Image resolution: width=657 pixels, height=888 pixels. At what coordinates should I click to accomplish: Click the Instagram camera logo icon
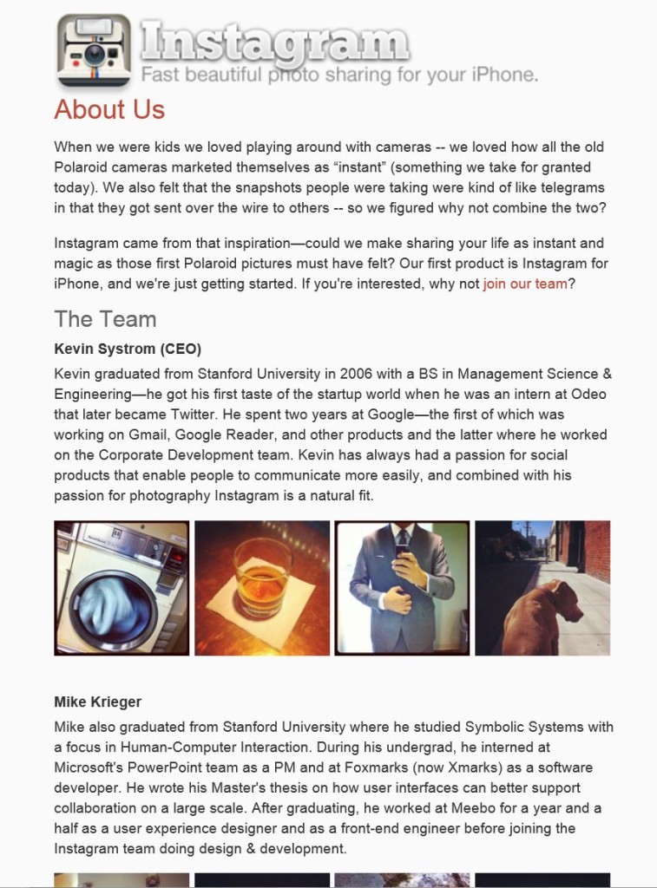tap(95, 50)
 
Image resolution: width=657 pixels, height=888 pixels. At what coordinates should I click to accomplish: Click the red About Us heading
tap(109, 110)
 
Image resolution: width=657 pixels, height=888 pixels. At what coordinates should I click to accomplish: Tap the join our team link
tap(524, 284)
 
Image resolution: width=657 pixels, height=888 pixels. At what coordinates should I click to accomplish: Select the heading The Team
tap(105, 319)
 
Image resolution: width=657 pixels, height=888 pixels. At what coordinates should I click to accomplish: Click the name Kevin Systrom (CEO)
tap(128, 349)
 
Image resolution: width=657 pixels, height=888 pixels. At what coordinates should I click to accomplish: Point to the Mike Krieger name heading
tap(97, 702)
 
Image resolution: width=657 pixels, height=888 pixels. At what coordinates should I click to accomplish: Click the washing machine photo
tap(122, 588)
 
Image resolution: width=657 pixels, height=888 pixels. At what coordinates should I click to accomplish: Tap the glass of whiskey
tap(262, 578)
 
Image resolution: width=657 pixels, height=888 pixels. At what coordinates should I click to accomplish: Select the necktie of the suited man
tap(401, 541)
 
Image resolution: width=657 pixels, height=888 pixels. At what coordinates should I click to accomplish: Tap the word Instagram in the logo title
tap(273, 40)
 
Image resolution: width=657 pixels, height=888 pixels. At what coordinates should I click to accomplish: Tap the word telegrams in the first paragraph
tap(565, 187)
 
